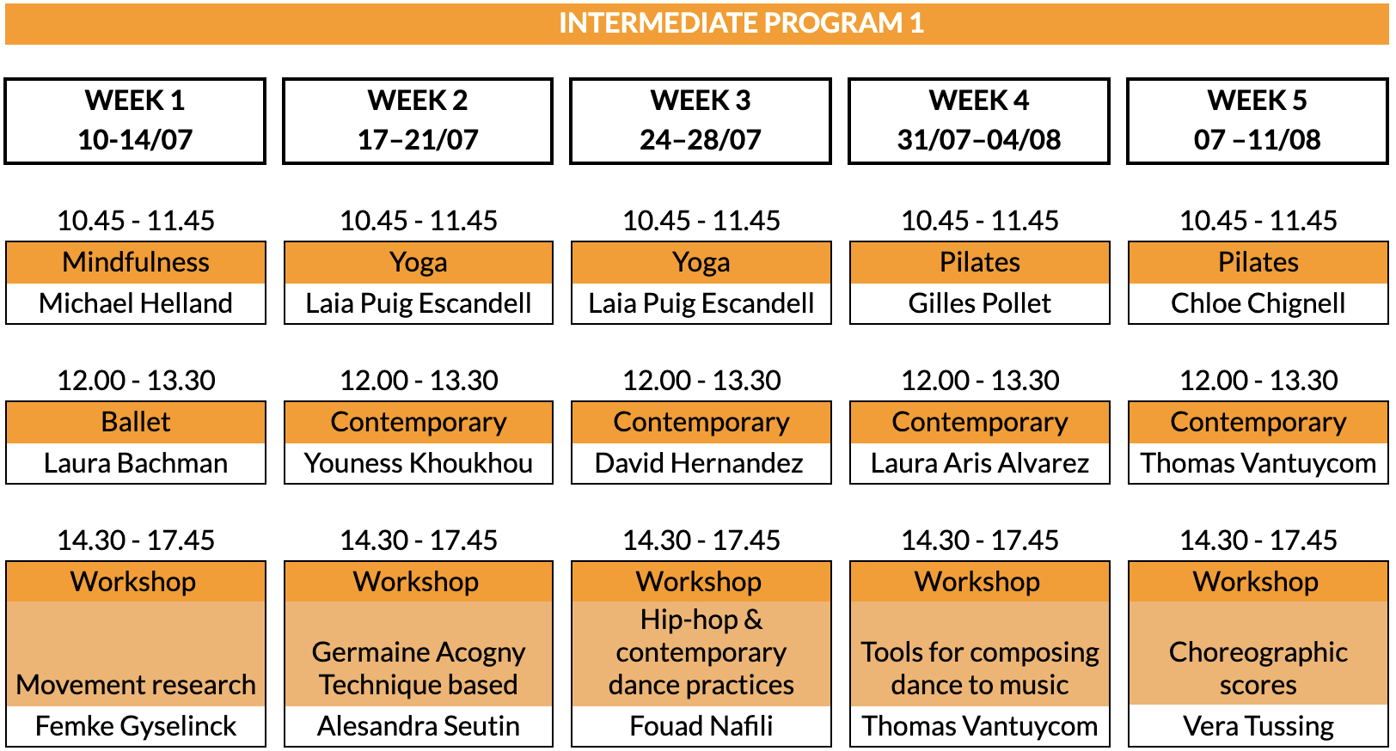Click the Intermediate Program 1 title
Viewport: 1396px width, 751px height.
click(x=741, y=23)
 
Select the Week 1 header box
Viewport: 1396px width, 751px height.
click(x=135, y=121)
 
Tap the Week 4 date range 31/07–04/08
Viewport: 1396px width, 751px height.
click(x=979, y=139)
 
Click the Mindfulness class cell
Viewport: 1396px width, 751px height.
click(x=136, y=262)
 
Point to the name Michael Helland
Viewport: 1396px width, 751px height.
click(x=136, y=303)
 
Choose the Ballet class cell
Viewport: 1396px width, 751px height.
click(x=136, y=422)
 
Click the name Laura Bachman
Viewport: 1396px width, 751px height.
click(x=136, y=463)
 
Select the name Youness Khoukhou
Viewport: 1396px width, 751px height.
click(x=418, y=463)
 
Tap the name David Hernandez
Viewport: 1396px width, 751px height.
click(x=699, y=463)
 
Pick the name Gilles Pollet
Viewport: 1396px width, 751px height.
click(x=980, y=303)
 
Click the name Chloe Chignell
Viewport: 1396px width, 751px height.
click(x=1258, y=304)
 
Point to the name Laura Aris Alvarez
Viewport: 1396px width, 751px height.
click(x=980, y=463)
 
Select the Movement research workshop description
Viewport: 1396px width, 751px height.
click(x=136, y=684)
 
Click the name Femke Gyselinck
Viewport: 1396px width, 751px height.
click(x=136, y=726)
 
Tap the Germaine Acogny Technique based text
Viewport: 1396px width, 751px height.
click(x=418, y=669)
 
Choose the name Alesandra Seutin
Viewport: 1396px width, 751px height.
click(x=418, y=726)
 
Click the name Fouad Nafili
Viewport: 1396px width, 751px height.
click(x=701, y=726)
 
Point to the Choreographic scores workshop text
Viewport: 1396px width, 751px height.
click(x=1258, y=669)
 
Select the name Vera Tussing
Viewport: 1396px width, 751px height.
click(x=1258, y=726)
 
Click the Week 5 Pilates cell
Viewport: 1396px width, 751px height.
click(x=1258, y=262)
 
